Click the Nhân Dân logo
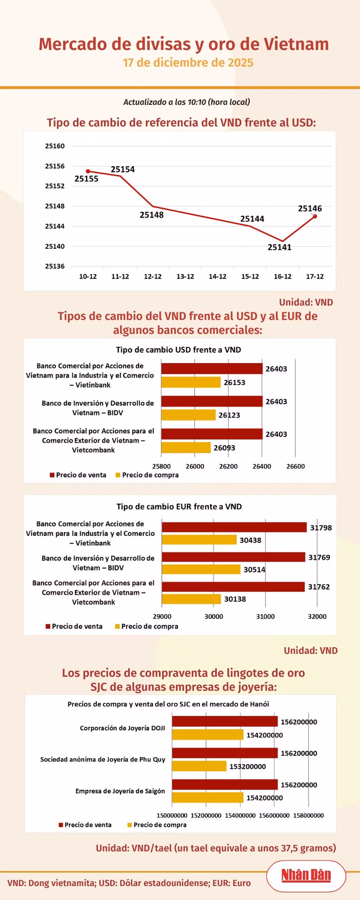click(306, 875)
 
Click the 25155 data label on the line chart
click(86, 179)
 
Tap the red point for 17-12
click(315, 216)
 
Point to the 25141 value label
click(279, 247)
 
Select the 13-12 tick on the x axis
click(185, 276)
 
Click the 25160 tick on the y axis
click(55, 146)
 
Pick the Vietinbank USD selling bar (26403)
click(212, 369)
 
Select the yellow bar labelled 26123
click(189, 415)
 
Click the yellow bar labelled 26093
click(186, 448)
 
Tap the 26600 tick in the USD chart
click(296, 466)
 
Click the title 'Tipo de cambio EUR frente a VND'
click(179, 506)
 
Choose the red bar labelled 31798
click(234, 527)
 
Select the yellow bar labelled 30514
click(201, 569)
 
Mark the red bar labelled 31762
click(233, 587)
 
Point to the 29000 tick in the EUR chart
click(162, 616)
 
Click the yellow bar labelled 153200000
click(199, 766)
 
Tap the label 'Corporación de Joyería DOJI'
click(122, 728)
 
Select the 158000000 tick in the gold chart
click(308, 815)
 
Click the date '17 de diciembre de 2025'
click(188, 63)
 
